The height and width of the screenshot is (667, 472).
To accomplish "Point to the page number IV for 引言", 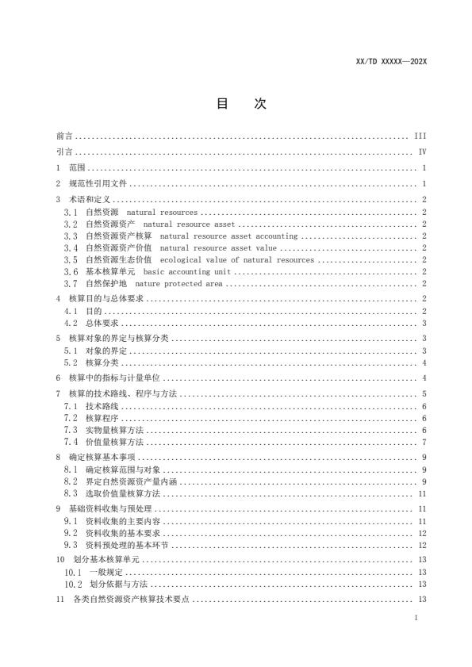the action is pos(423,151).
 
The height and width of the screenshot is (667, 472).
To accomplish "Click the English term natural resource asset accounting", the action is pos(228,236).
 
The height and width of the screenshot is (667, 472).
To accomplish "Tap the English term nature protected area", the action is pos(179,283).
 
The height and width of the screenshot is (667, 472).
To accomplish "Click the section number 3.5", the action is pos(71,259).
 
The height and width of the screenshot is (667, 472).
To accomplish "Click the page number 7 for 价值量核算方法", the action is pos(425,441).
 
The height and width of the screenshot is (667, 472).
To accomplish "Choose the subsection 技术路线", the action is pos(99,405).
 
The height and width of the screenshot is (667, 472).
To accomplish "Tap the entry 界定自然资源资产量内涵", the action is pos(121,481).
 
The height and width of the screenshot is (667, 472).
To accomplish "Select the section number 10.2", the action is pos(73,584).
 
